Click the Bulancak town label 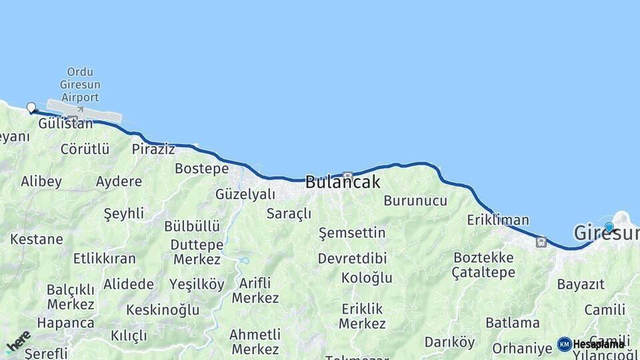(x=343, y=182)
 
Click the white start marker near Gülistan (x=31, y=107)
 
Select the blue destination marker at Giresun (x=609, y=227)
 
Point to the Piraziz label (x=153, y=149)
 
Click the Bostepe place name (x=201, y=169)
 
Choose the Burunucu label (x=415, y=201)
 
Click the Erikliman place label (x=498, y=220)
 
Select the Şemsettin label (x=352, y=233)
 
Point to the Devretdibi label (x=352, y=258)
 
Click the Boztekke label (x=483, y=257)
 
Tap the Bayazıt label (x=581, y=285)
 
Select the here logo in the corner (x=18, y=341)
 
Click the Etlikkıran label (x=105, y=259)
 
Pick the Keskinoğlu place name (x=163, y=310)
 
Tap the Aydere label (x=119, y=181)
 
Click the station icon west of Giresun (x=541, y=242)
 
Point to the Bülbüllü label (x=192, y=226)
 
